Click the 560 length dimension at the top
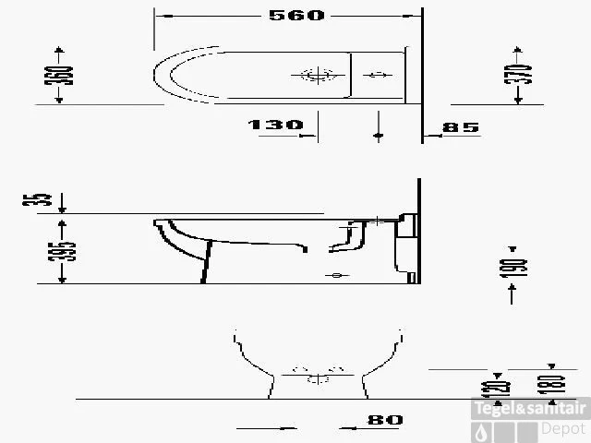[297, 15]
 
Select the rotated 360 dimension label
[60, 75]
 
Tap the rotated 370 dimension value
[523, 75]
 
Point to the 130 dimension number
[275, 125]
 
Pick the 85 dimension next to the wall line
[461, 127]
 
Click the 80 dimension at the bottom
[384, 420]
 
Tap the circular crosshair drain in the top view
[314, 76]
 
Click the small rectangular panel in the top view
[378, 76]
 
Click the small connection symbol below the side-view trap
[335, 275]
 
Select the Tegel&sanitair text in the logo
[529, 407]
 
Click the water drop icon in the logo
[483, 429]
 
